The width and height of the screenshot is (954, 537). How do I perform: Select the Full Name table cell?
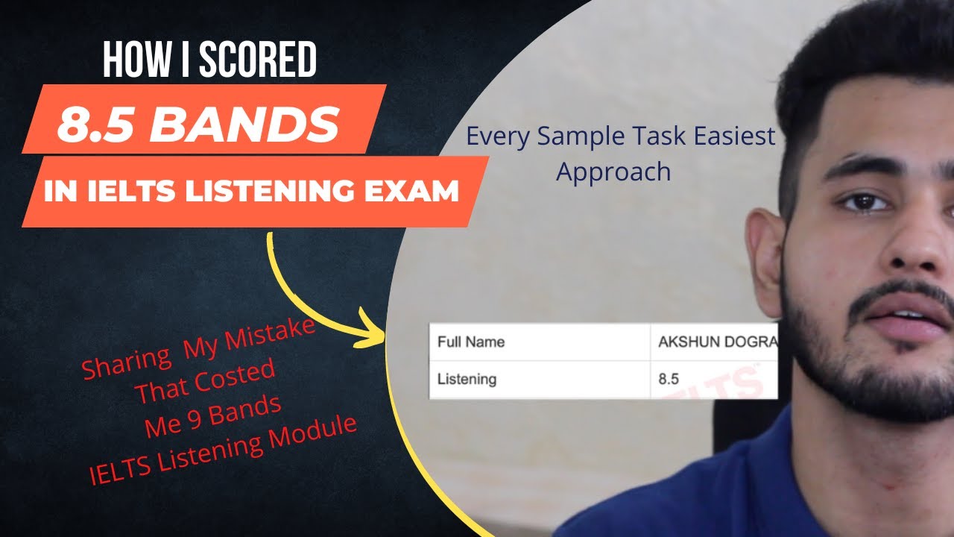[x=471, y=342]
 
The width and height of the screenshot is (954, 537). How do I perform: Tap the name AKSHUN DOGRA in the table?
[x=716, y=342]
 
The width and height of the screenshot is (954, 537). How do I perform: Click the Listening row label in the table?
[x=467, y=380]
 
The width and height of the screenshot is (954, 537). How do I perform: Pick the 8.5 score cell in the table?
[x=669, y=380]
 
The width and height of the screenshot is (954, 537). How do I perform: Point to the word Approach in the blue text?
[x=613, y=172]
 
